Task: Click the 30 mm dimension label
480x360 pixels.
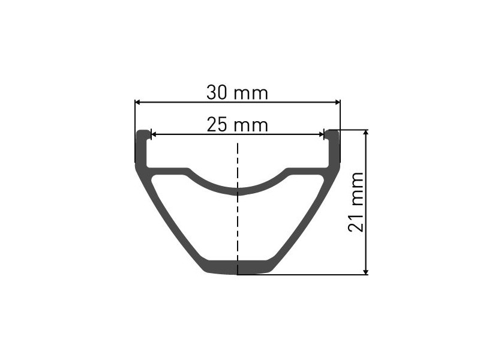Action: click(x=237, y=93)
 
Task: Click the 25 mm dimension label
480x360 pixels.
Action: click(x=237, y=125)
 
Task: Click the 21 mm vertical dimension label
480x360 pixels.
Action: click(x=356, y=202)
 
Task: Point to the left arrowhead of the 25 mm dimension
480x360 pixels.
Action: click(x=154, y=134)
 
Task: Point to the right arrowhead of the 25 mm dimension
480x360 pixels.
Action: click(x=321, y=134)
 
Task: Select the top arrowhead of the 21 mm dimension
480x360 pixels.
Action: click(x=366, y=132)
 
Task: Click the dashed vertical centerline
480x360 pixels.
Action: click(x=238, y=208)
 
